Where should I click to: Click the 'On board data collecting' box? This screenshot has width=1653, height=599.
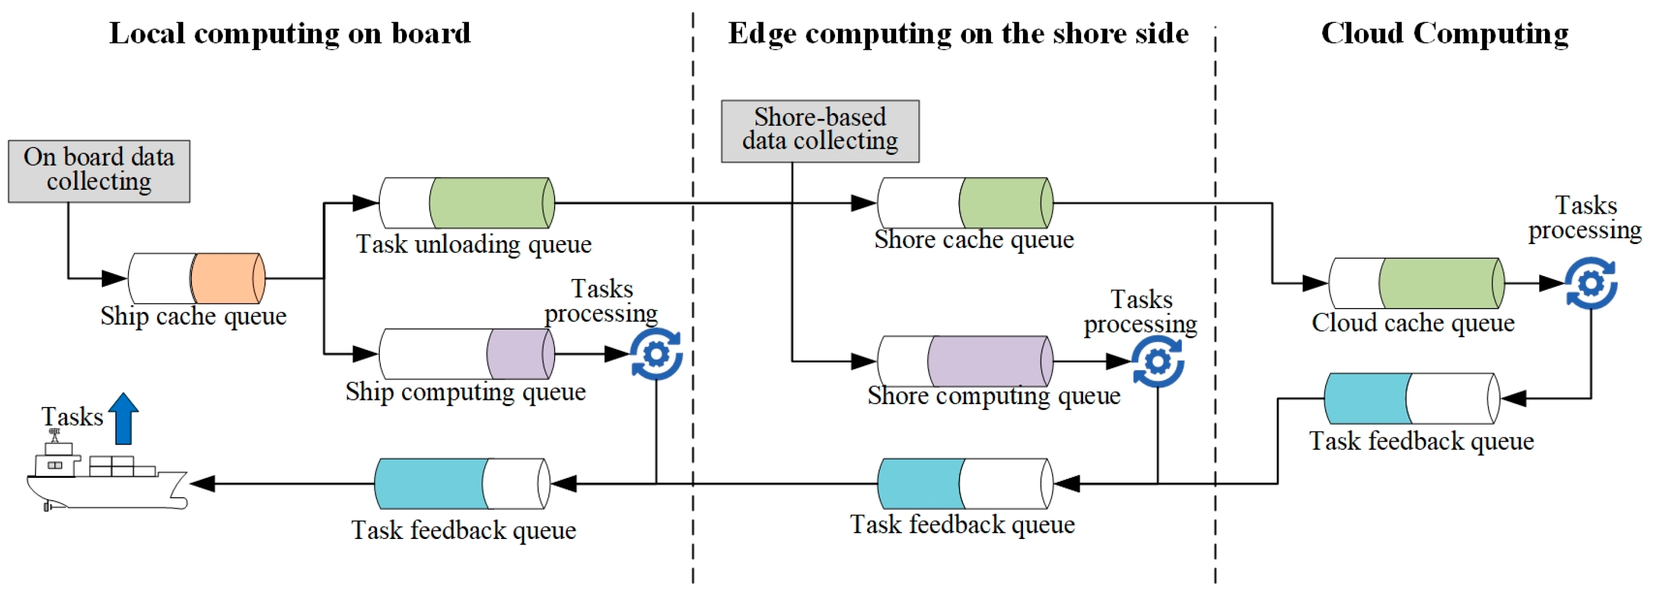point(99,171)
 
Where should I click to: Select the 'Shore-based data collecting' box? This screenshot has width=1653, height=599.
point(820,130)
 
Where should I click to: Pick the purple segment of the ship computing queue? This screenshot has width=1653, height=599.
point(519,354)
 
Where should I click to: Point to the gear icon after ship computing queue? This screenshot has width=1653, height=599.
point(656,354)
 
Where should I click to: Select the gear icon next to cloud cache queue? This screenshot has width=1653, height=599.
point(1590,283)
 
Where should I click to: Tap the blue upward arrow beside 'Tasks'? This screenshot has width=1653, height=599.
point(123,418)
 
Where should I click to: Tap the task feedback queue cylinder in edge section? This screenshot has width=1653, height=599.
point(965,484)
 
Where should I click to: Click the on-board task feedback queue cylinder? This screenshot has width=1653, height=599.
point(462,484)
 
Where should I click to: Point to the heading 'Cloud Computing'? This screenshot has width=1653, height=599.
point(1444,33)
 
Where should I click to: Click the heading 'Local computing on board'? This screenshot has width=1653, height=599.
point(290,33)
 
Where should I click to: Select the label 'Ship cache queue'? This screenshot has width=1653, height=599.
point(193,316)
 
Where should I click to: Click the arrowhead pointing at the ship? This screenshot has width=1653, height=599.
point(203,484)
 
